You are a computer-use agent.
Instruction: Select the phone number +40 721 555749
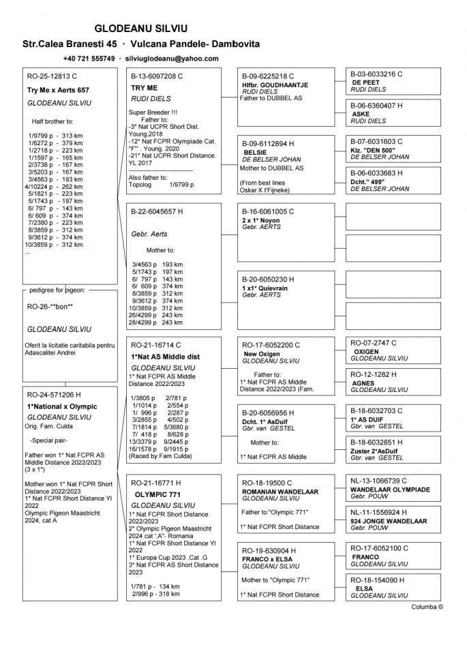89,59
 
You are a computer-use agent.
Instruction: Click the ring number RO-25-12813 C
52,76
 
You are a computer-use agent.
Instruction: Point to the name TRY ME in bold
144,88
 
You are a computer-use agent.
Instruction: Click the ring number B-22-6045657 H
157,211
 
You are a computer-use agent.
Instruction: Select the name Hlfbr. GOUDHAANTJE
275,85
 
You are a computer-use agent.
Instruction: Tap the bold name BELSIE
255,152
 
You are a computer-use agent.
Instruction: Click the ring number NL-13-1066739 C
382,481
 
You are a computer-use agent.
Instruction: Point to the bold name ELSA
364,588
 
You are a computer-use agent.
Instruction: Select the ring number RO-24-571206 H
54,394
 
